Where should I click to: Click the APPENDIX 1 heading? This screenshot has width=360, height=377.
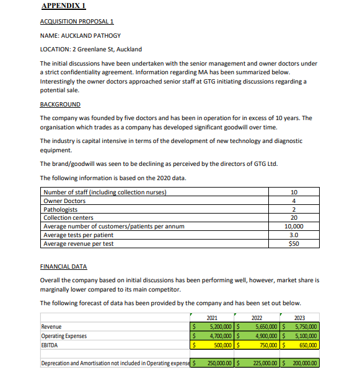(x=63, y=7)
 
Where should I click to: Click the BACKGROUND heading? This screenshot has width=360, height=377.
(x=60, y=104)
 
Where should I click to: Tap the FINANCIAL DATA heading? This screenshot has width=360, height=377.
(x=64, y=266)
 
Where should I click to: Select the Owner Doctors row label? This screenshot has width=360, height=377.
(x=64, y=201)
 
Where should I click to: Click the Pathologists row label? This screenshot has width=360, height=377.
(x=61, y=209)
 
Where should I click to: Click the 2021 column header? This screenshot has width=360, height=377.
(x=211, y=318)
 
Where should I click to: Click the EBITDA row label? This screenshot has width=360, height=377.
(x=51, y=345)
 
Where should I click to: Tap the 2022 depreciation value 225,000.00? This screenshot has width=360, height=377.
(x=258, y=363)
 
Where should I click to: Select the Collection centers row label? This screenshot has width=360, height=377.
(x=68, y=218)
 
